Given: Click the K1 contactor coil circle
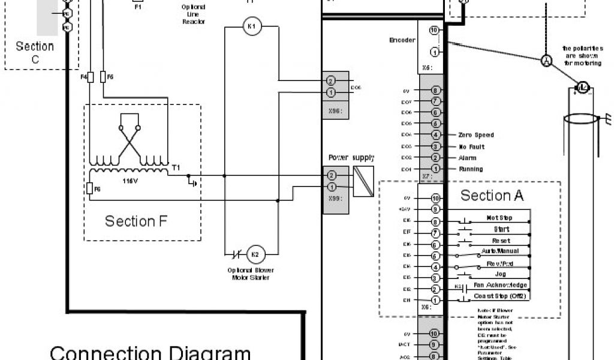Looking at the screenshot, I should pyautogui.click(x=252, y=26).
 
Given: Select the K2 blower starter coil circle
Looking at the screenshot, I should pyautogui.click(x=255, y=254).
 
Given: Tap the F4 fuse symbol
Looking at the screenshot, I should pyautogui.click(x=91, y=77).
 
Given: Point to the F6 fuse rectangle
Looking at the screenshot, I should pyautogui.click(x=90, y=189).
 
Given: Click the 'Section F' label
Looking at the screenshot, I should pyautogui.click(x=136, y=221).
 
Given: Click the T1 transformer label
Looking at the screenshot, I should pyautogui.click(x=175, y=168).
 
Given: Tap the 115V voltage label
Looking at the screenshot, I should pyautogui.click(x=131, y=180).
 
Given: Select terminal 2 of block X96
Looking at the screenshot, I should pyautogui.click(x=330, y=81).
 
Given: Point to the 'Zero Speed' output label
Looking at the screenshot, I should pyautogui.click(x=475, y=135).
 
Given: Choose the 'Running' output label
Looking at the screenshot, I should pyautogui.click(x=470, y=169).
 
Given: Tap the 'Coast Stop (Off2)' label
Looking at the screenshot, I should pyautogui.click(x=499, y=296).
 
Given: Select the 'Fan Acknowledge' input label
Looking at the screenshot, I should pyautogui.click(x=500, y=285).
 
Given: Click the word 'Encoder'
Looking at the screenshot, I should pyautogui.click(x=402, y=40).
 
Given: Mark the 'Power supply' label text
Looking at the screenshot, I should pyautogui.click(x=351, y=158).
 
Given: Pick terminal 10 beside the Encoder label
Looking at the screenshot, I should pyautogui.click(x=434, y=30).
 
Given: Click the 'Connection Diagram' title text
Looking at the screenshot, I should pyautogui.click(x=150, y=352).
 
